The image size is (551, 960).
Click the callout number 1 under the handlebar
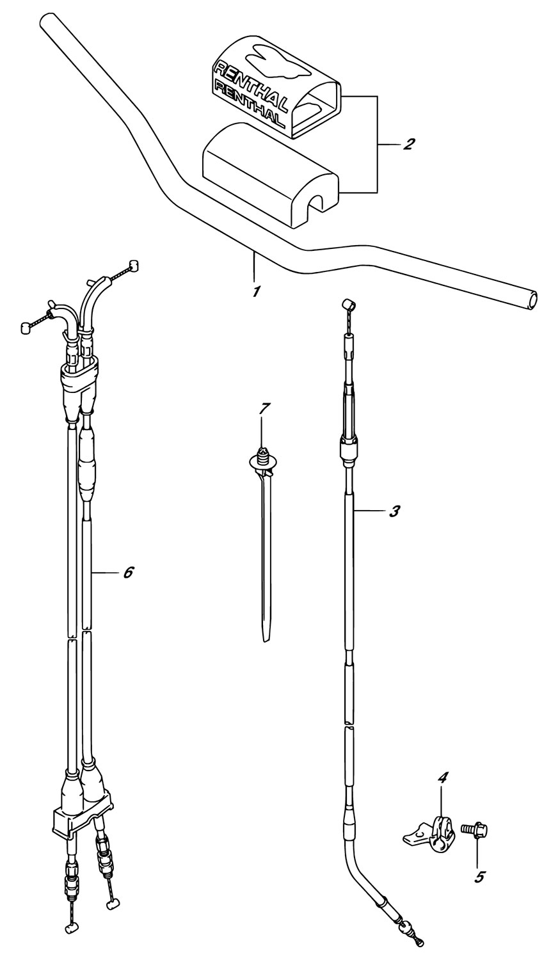[x=256, y=292]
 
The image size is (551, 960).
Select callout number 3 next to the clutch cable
[x=395, y=511]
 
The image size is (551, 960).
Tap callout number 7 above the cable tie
[x=262, y=408]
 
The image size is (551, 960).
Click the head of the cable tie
[x=262, y=460]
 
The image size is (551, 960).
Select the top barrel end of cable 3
[x=349, y=305]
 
